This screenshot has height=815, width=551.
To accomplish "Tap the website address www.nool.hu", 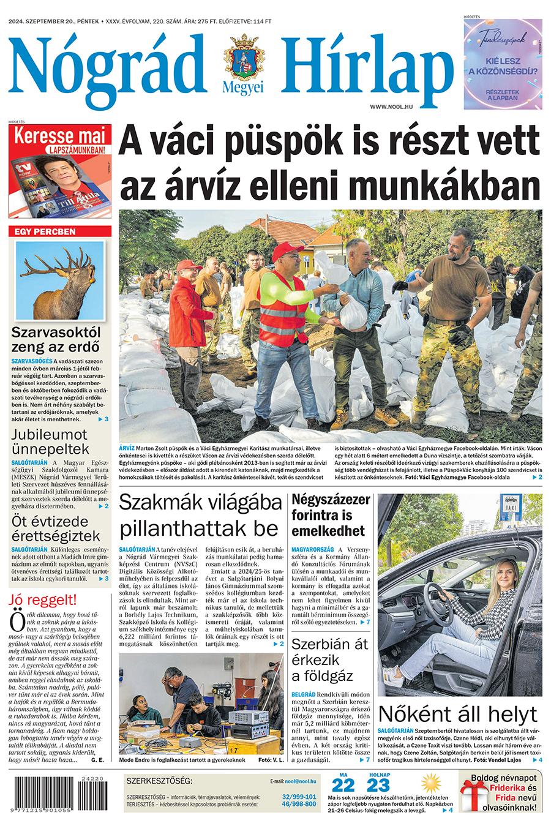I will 391,107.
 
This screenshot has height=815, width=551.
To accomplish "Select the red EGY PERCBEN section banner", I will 60,231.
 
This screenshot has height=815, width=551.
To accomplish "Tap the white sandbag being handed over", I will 353,312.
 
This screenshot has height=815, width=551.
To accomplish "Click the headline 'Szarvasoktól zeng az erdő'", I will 56,340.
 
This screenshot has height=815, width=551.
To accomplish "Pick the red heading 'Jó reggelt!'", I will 43,599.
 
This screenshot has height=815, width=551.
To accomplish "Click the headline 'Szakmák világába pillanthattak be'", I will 200,515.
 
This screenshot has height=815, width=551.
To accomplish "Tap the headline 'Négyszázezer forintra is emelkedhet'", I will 331,515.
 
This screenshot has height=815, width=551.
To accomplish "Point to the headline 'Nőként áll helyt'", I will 457,714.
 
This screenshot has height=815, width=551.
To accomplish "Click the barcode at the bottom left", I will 59,794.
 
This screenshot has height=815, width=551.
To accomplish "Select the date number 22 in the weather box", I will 343,786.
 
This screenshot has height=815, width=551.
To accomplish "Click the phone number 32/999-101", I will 299,797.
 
